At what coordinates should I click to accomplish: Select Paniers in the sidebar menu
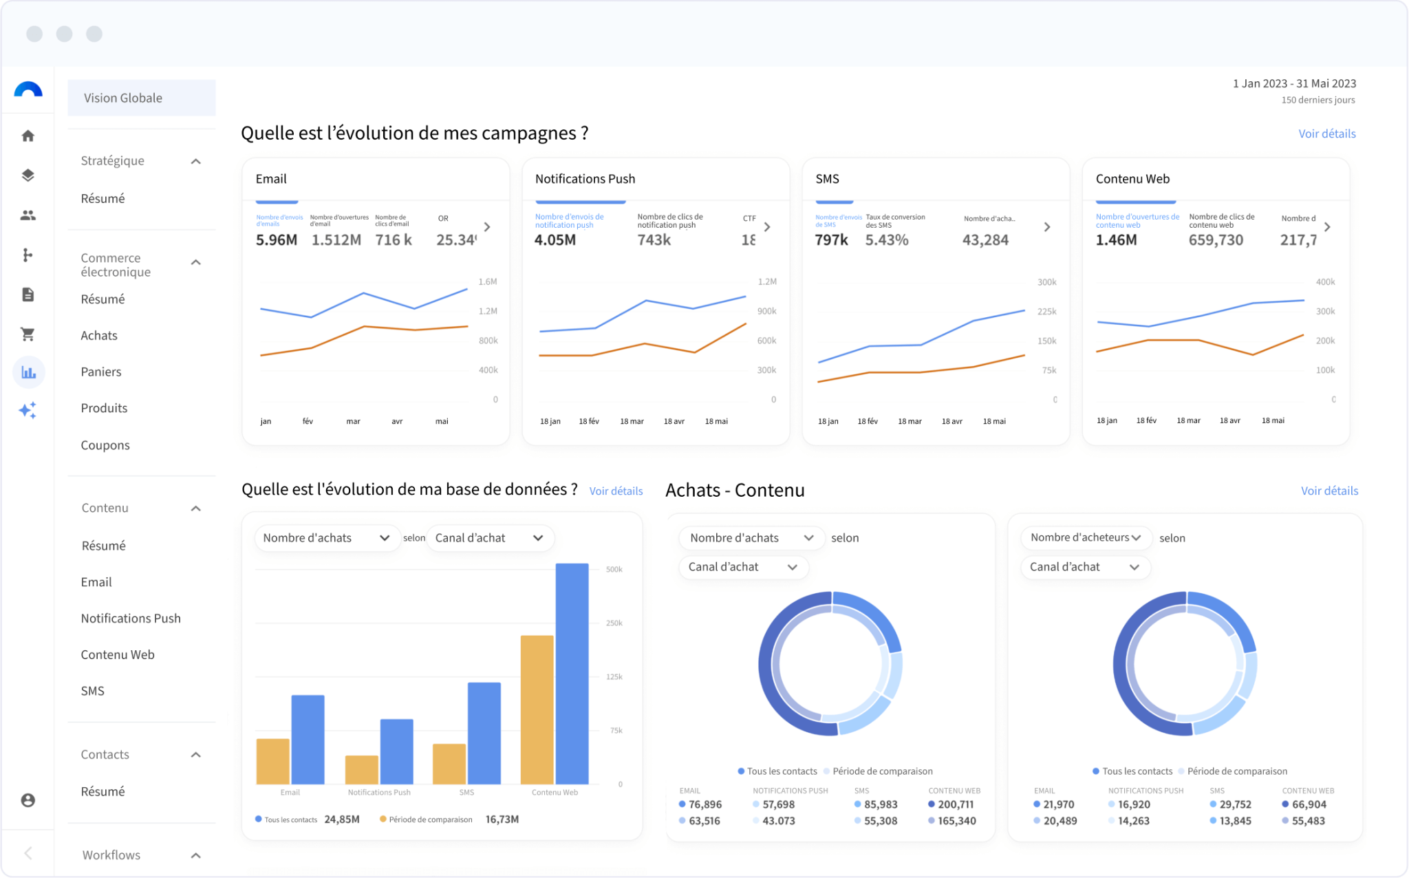pyautogui.click(x=101, y=372)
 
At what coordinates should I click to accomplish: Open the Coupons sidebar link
pyautogui.click(x=105, y=445)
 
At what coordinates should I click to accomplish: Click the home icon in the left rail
pyautogui.click(x=28, y=136)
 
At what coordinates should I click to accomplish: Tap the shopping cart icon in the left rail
pyautogui.click(x=28, y=334)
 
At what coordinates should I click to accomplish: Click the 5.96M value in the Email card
pyautogui.click(x=277, y=240)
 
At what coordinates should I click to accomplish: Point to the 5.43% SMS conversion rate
pyautogui.click(x=887, y=240)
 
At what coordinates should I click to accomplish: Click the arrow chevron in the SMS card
pyautogui.click(x=1047, y=227)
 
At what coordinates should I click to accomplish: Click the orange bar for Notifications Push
pyautogui.click(x=362, y=769)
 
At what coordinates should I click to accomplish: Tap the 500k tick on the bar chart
pyautogui.click(x=614, y=569)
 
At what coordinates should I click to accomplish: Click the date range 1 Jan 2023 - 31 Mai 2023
pyautogui.click(x=1294, y=83)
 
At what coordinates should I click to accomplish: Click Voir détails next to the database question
pyautogui.click(x=616, y=491)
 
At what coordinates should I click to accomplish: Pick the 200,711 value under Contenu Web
pyautogui.click(x=956, y=804)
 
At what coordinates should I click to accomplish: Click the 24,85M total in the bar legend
pyautogui.click(x=342, y=819)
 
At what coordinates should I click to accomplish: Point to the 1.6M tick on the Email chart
pyautogui.click(x=487, y=281)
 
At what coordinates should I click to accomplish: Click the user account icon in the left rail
pyautogui.click(x=28, y=800)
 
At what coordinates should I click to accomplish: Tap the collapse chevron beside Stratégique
pyautogui.click(x=196, y=161)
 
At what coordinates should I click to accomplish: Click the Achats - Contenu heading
pyautogui.click(x=735, y=490)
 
